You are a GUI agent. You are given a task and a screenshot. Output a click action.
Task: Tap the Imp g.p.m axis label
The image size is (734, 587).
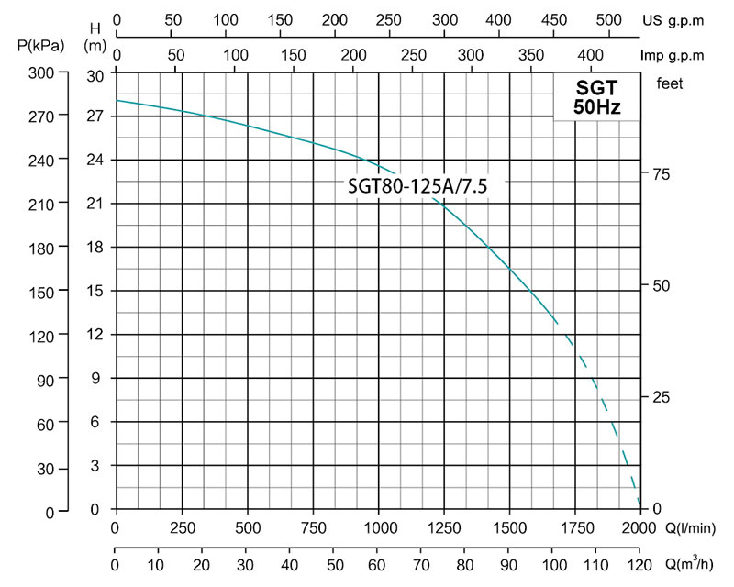point(674,54)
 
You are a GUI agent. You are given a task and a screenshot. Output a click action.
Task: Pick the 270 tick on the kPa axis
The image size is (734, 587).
point(43,116)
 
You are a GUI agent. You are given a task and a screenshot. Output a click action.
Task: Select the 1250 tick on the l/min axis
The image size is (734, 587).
point(444,528)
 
